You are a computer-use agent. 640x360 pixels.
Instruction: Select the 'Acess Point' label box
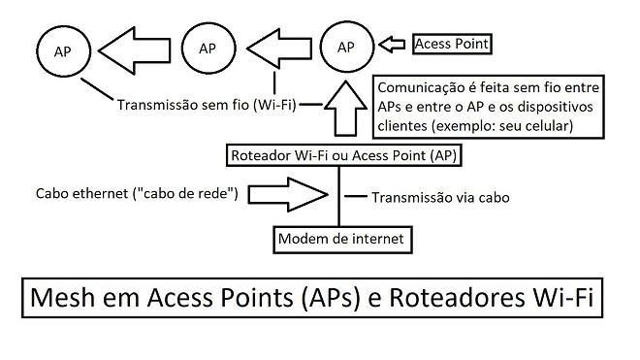tap(451, 45)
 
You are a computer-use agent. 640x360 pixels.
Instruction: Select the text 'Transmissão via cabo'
tap(440, 197)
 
